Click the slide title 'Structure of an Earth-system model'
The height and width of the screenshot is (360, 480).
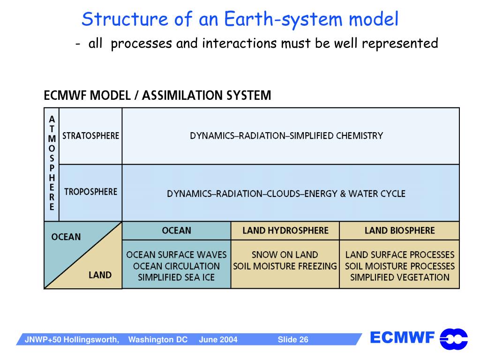pos(240,20)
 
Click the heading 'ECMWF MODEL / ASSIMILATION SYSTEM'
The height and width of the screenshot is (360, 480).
pos(157,96)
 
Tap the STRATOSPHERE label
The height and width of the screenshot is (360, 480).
pos(91,136)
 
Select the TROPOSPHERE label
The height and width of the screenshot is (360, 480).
pos(91,192)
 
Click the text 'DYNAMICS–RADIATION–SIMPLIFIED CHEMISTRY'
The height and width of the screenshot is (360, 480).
pos(286,136)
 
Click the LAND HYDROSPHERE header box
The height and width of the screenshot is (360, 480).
pos(285,231)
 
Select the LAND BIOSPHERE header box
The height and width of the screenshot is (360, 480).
pos(399,231)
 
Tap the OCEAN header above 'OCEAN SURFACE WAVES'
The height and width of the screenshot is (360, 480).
pos(176,231)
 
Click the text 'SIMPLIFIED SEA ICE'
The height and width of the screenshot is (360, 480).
pos(176,277)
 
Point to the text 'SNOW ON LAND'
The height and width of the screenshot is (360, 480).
pos(285,255)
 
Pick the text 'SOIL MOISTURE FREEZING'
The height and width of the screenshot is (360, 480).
pos(285,266)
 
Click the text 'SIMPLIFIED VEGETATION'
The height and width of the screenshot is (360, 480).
pos(399,277)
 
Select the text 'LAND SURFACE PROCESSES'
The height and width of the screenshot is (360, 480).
pos(399,255)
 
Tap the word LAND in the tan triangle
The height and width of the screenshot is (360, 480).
pos(100,275)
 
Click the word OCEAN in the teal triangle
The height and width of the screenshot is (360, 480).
pos(66,237)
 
